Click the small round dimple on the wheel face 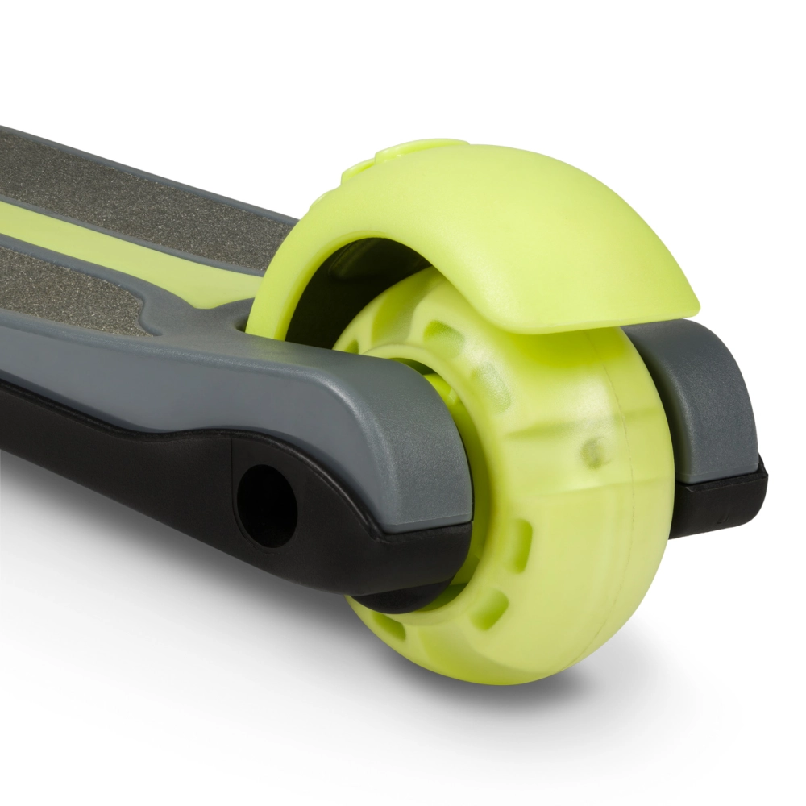pos(595,451)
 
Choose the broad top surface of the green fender pos(516,218)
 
